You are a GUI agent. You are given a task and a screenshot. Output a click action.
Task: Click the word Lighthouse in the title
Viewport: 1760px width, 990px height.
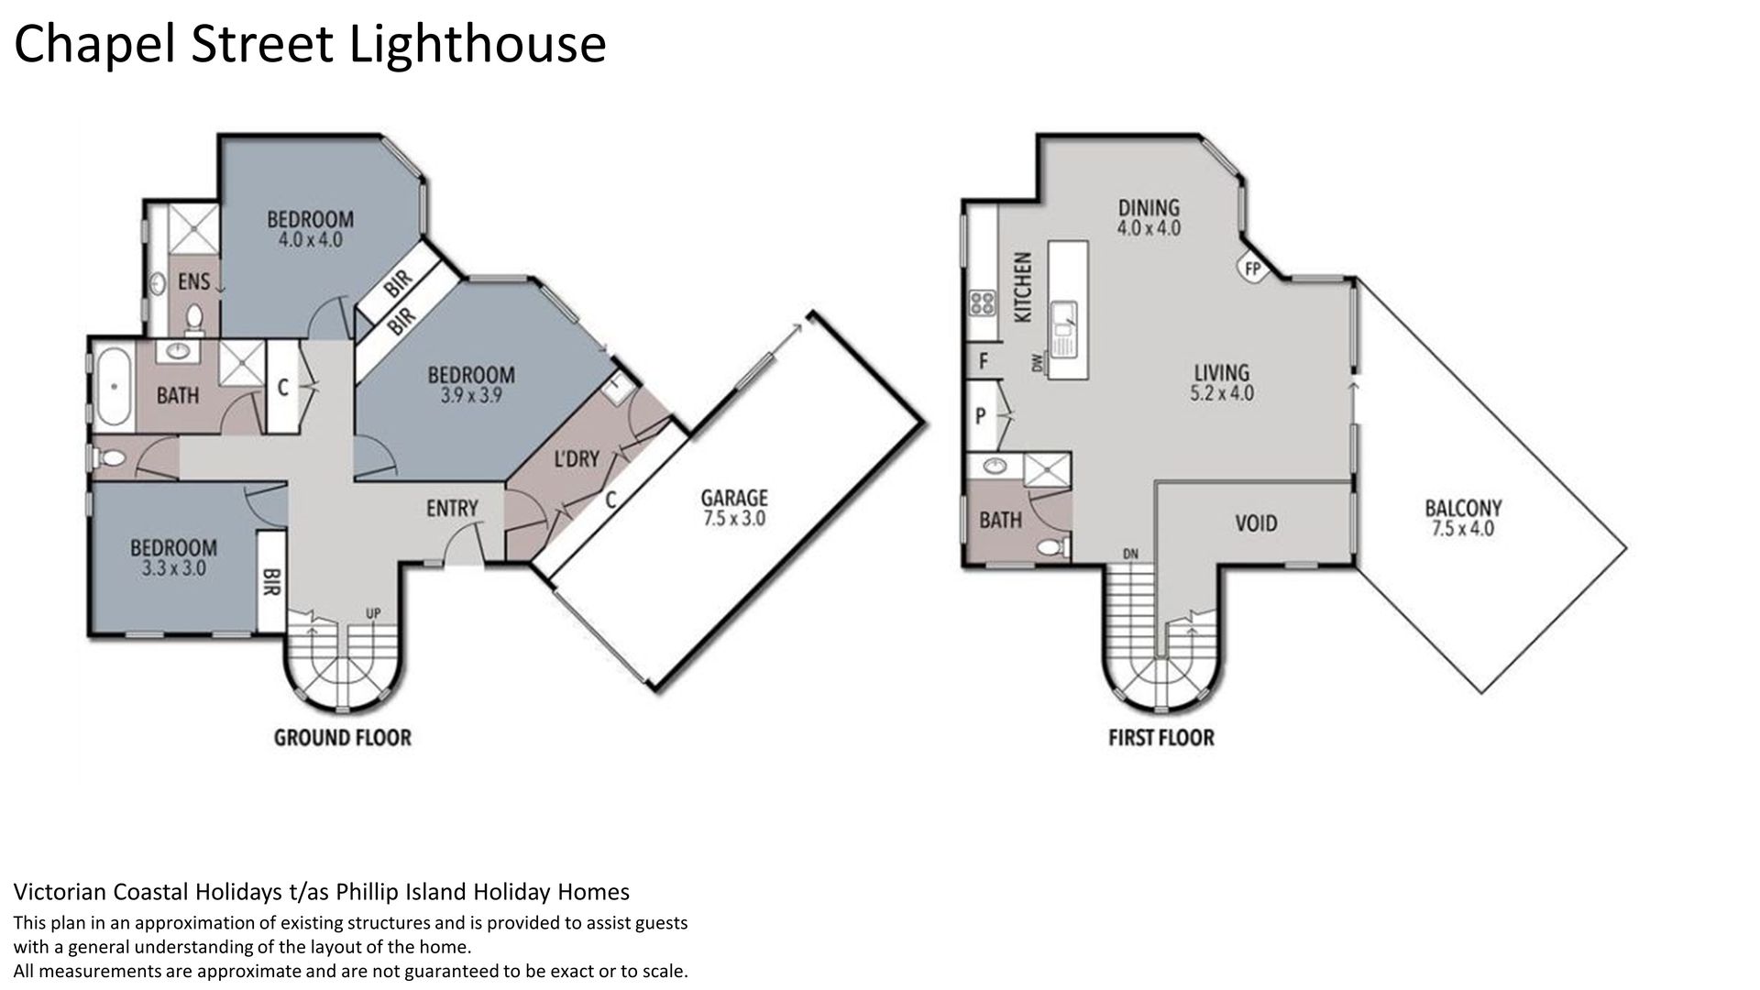[478, 44]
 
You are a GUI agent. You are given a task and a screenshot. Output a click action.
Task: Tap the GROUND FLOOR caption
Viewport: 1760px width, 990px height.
[343, 737]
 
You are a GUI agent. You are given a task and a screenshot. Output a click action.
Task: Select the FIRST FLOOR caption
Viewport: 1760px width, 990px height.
[1160, 737]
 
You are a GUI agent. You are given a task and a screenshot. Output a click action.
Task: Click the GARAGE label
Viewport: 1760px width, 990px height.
[733, 498]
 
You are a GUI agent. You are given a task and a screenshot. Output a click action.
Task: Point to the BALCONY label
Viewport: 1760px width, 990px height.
[1463, 508]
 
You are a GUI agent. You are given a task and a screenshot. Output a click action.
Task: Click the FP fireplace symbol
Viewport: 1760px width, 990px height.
[1252, 269]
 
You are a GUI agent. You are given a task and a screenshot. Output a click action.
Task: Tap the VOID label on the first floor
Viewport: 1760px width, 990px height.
[1256, 522]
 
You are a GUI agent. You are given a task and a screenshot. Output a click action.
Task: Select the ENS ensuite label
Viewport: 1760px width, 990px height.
[193, 281]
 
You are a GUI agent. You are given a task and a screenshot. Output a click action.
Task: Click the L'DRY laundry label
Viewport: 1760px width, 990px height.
[576, 458]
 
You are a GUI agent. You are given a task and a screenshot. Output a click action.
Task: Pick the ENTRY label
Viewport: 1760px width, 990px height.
[452, 507]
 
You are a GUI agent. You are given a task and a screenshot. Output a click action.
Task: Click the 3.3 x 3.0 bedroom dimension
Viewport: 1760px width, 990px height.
[173, 568]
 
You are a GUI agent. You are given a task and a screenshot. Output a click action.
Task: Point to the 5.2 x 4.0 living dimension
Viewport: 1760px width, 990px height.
[1222, 394]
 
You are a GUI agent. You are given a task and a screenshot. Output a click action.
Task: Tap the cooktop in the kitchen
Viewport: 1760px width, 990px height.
[983, 302]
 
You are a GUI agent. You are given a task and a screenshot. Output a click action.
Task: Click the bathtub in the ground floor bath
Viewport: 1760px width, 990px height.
[114, 386]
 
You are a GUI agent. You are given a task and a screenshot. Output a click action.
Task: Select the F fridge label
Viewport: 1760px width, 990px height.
[983, 361]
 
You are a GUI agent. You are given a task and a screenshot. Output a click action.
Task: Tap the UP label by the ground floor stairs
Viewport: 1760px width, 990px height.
[373, 613]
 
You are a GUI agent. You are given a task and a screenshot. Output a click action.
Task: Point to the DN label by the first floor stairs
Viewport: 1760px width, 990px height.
[1130, 554]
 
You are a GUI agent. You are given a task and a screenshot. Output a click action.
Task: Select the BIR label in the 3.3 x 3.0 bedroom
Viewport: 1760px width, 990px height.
[271, 581]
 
